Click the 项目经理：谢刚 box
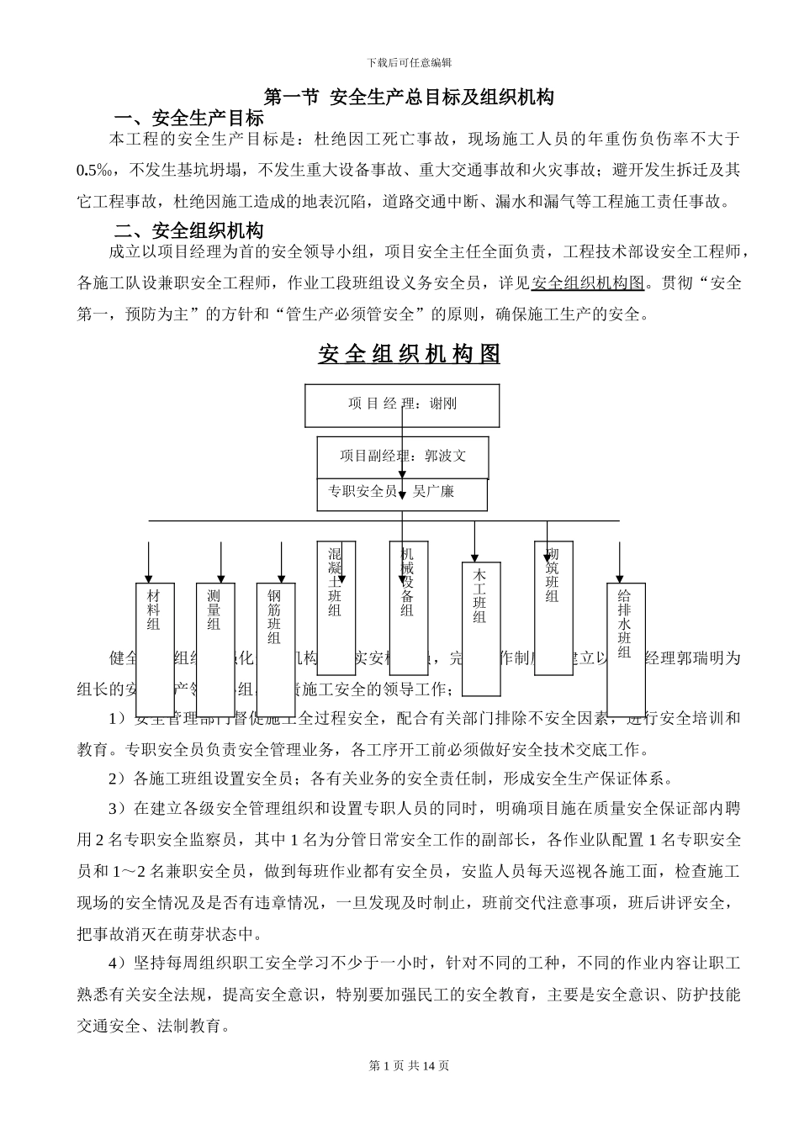(402, 405)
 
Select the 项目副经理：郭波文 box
(402, 457)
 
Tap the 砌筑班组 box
(553, 607)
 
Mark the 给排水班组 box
(626, 647)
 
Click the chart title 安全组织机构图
(409, 354)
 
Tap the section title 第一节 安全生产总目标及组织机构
(409, 97)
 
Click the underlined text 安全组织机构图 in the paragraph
(588, 282)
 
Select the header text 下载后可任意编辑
(410, 62)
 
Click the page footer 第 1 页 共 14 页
(409, 1066)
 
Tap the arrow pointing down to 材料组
(149, 562)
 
